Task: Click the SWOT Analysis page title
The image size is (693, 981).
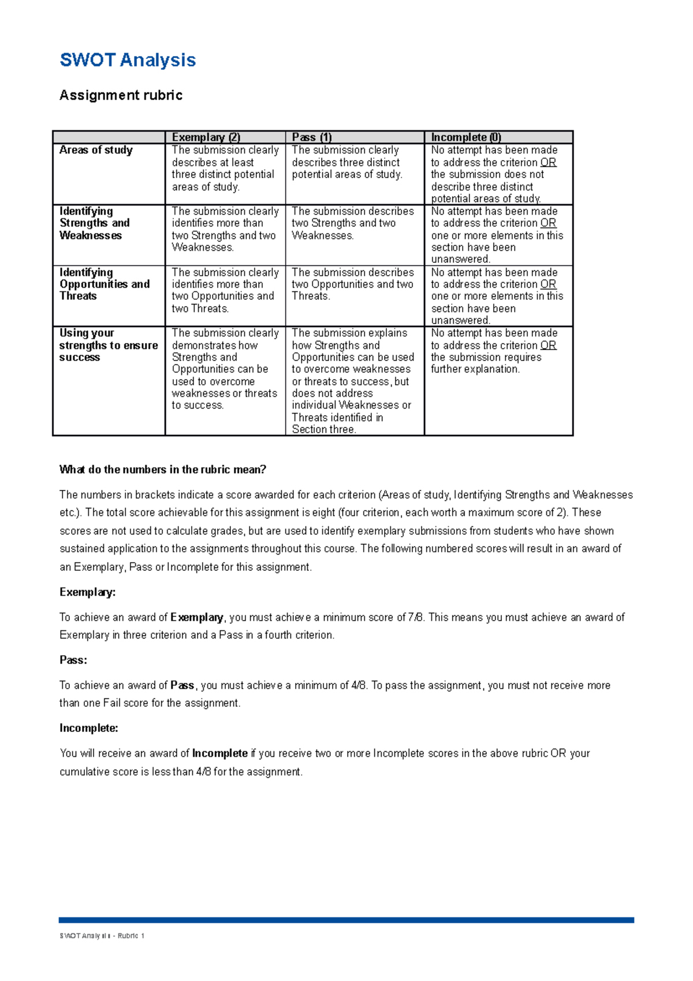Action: tap(128, 60)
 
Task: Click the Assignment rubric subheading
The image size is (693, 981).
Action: tap(121, 95)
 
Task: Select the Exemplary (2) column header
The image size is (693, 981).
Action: tap(206, 138)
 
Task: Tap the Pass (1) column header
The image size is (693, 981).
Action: tap(311, 138)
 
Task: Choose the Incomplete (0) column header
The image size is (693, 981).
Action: tap(465, 138)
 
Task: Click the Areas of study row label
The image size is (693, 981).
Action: tap(96, 150)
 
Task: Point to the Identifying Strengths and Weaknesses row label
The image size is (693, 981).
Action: tap(94, 224)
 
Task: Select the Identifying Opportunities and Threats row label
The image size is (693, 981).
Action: tap(104, 284)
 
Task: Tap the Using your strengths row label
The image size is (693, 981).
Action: tap(108, 345)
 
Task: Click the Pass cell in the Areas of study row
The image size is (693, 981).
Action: tap(346, 162)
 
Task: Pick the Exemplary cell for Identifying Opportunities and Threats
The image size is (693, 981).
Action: tap(225, 290)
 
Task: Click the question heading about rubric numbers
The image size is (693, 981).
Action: tap(162, 470)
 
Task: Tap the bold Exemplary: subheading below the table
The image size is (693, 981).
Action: tap(87, 592)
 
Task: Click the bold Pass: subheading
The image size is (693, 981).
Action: tap(73, 660)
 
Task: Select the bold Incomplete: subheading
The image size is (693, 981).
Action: tap(88, 728)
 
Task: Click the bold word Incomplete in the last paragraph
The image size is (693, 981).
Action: tap(219, 753)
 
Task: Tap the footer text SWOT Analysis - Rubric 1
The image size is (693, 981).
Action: tap(102, 936)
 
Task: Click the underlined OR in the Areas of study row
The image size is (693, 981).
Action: tap(548, 162)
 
